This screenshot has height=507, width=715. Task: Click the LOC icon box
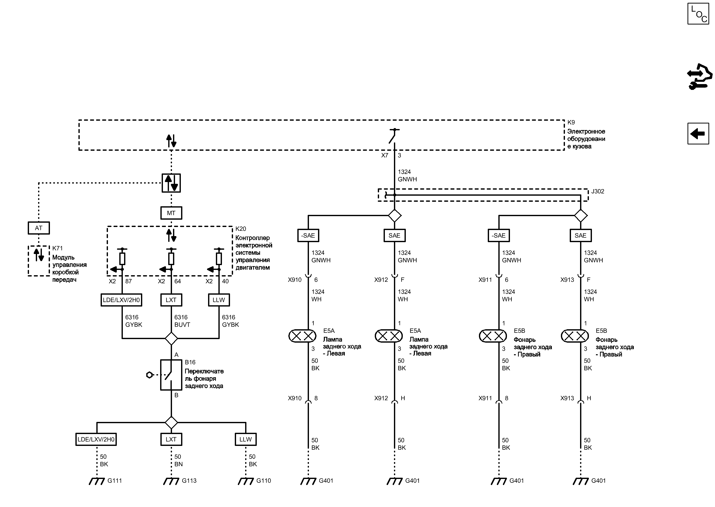(x=698, y=14)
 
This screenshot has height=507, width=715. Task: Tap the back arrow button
(x=698, y=134)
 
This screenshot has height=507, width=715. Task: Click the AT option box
(x=39, y=228)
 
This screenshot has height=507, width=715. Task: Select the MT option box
(x=171, y=213)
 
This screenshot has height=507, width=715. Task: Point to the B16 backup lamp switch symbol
(x=171, y=375)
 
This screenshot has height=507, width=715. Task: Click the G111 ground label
(x=115, y=481)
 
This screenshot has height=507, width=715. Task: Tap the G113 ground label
(x=189, y=481)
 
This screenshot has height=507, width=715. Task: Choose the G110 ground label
(x=264, y=481)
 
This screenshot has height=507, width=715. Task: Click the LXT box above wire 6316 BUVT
(x=171, y=300)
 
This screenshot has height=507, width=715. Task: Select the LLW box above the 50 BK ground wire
(x=246, y=439)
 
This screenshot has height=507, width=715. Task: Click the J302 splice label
(x=597, y=191)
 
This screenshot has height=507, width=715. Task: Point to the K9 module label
(x=571, y=122)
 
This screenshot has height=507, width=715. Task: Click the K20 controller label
(x=240, y=229)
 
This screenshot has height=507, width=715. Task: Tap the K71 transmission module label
(x=57, y=248)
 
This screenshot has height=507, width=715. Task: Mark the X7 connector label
(x=384, y=155)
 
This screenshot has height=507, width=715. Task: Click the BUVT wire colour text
(x=182, y=325)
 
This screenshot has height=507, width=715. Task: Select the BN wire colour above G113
(x=178, y=464)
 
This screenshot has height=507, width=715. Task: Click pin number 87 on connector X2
(x=128, y=281)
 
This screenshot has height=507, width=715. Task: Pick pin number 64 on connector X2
(x=177, y=281)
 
